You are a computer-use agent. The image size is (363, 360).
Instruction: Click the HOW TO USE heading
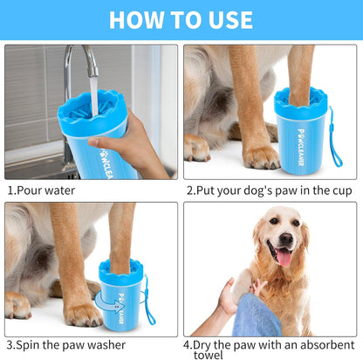coord(181,19)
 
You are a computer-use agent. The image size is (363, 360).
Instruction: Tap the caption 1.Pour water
coord(41,190)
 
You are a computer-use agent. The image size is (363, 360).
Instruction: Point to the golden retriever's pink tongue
coord(284,257)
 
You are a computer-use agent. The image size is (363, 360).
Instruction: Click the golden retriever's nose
coord(282,239)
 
